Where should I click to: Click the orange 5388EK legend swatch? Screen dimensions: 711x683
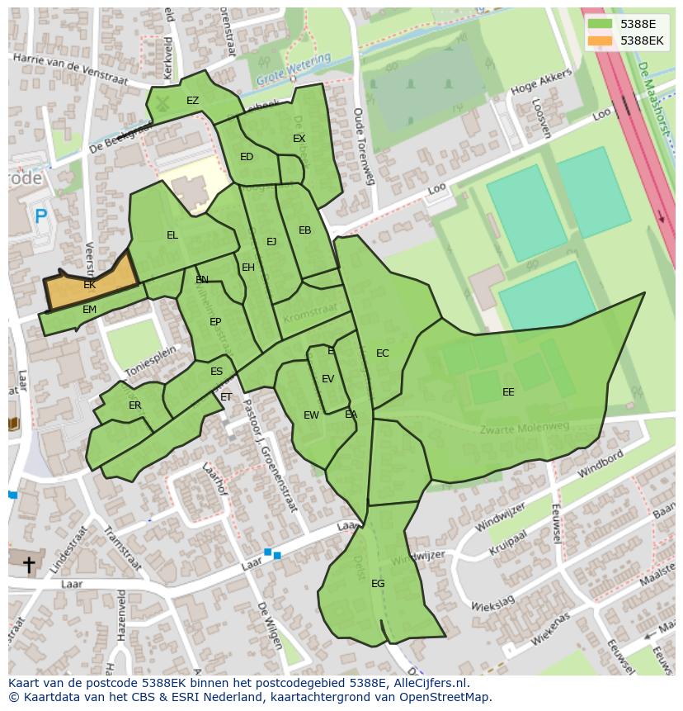(x=601, y=40)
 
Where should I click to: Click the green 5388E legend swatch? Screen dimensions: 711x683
(x=601, y=25)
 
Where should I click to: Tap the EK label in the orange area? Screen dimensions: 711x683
(x=89, y=285)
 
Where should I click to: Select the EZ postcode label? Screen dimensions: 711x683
(x=192, y=101)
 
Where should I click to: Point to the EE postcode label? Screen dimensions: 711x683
(x=508, y=392)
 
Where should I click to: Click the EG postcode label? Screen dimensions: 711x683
(x=378, y=584)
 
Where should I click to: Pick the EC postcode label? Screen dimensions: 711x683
(x=382, y=353)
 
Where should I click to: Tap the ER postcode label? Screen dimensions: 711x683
(x=135, y=405)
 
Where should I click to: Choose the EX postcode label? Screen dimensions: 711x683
(x=299, y=139)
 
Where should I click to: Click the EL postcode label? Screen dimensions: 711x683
(x=172, y=235)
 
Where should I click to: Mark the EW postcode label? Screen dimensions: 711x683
(x=311, y=415)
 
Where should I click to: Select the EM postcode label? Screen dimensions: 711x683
(x=89, y=310)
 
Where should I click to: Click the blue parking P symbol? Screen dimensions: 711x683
(x=40, y=217)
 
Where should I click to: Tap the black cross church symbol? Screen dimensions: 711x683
(x=29, y=565)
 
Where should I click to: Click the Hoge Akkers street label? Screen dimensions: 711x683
(x=541, y=87)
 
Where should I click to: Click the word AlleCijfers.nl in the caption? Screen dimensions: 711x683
(x=428, y=683)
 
